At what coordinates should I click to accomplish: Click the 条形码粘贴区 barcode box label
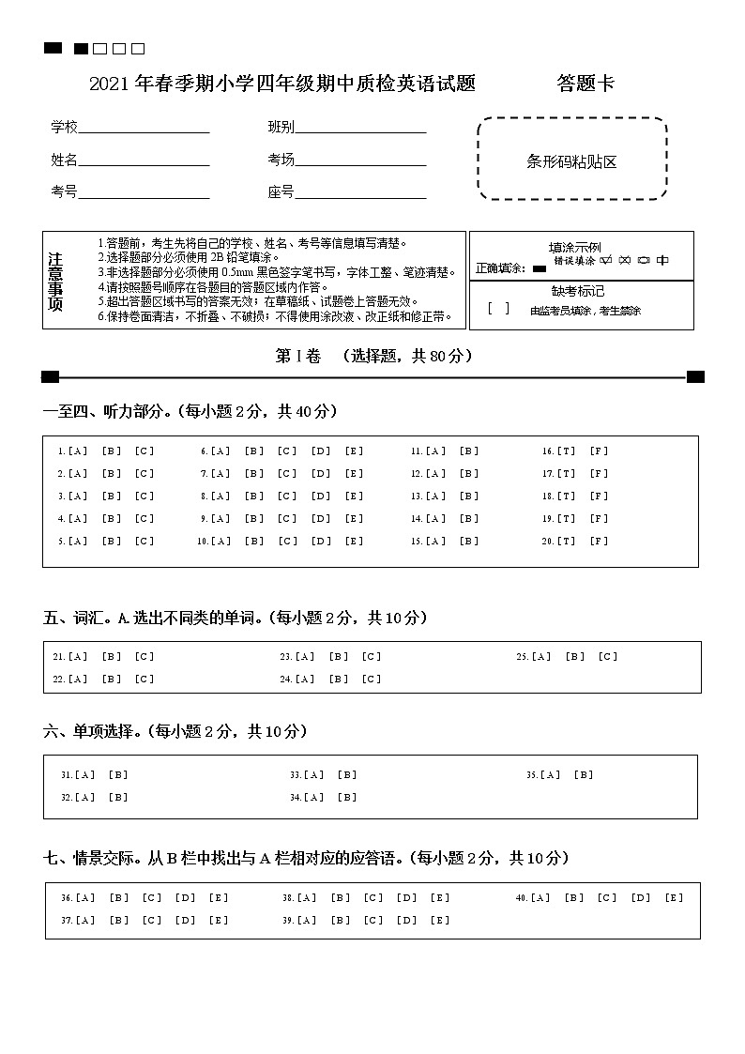click(571, 161)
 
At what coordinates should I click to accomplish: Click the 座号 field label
click(281, 192)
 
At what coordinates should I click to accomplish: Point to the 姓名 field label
click(64, 160)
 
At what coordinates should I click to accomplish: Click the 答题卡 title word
click(585, 84)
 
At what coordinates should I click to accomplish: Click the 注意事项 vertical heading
click(55, 282)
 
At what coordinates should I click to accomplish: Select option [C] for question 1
click(144, 451)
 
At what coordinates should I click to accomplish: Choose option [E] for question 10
click(354, 542)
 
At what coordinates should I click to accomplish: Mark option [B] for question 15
click(468, 542)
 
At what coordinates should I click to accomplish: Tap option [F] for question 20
click(599, 542)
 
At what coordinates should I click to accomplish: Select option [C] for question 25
click(608, 657)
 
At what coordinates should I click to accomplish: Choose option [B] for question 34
click(347, 798)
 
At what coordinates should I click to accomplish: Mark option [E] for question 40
click(674, 898)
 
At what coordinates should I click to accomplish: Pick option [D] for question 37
click(185, 921)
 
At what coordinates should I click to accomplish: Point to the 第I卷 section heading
click(297, 356)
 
